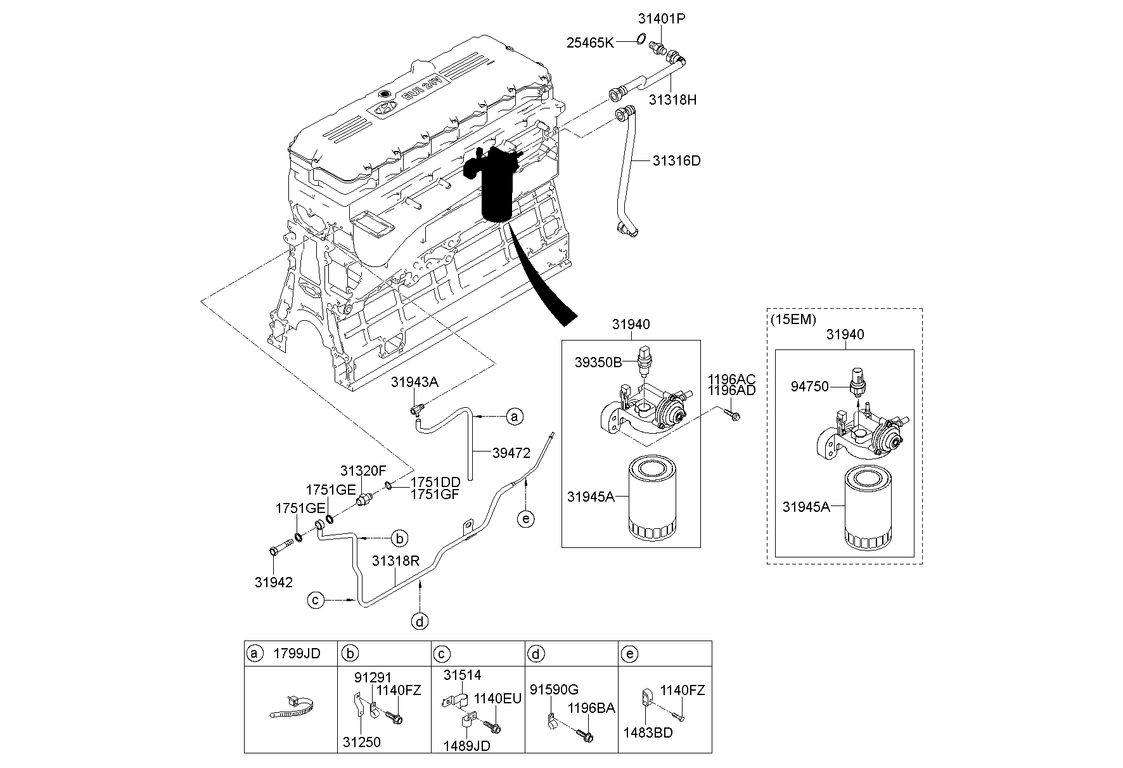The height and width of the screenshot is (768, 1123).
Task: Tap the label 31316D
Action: pyautogui.click(x=676, y=160)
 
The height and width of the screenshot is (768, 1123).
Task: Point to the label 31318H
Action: pyautogui.click(x=672, y=100)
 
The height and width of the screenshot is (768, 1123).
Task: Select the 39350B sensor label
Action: pyautogui.click(x=598, y=362)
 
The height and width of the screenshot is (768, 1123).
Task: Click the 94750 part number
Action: pyautogui.click(x=809, y=386)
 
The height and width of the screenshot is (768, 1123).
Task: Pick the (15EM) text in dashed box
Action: pyautogui.click(x=793, y=320)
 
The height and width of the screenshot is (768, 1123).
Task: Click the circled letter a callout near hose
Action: pyautogui.click(x=515, y=417)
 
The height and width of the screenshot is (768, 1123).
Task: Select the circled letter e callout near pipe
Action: pyautogui.click(x=525, y=519)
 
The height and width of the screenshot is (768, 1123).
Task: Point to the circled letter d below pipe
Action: pyautogui.click(x=420, y=621)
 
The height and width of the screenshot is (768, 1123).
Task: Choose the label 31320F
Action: pyautogui.click(x=363, y=471)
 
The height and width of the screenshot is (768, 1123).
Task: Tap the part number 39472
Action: pyautogui.click(x=511, y=453)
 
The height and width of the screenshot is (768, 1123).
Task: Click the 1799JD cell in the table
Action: pyautogui.click(x=296, y=653)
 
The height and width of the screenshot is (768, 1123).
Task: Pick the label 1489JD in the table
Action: pyautogui.click(x=467, y=746)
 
